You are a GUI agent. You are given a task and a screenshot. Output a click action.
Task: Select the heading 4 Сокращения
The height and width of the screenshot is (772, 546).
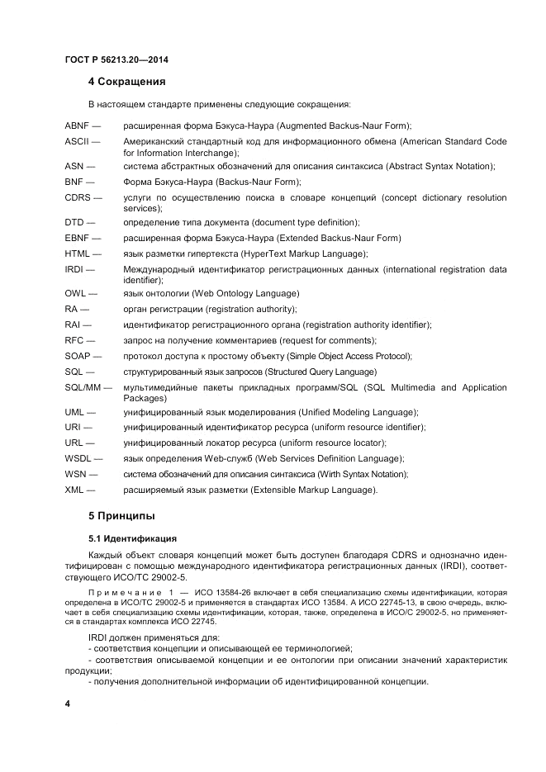coord(126,82)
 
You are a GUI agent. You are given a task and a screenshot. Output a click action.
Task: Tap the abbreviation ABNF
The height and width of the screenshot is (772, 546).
coord(77,126)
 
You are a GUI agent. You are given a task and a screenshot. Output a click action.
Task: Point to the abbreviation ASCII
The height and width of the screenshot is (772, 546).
coord(77,142)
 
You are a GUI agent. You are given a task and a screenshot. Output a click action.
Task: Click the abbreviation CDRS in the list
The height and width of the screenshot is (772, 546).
coord(78,197)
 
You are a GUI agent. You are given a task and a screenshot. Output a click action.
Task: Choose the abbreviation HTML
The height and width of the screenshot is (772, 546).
coord(78,253)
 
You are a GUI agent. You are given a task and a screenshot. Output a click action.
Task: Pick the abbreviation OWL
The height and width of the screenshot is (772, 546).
coord(76,293)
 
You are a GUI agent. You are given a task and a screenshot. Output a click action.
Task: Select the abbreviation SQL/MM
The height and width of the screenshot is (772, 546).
coord(83,387)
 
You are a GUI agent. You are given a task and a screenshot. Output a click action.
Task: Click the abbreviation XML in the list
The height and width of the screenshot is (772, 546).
coord(75,490)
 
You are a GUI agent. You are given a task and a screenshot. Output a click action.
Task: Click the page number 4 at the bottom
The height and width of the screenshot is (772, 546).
coord(68,703)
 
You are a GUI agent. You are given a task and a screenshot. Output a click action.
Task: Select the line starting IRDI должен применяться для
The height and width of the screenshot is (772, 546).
coord(154,638)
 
